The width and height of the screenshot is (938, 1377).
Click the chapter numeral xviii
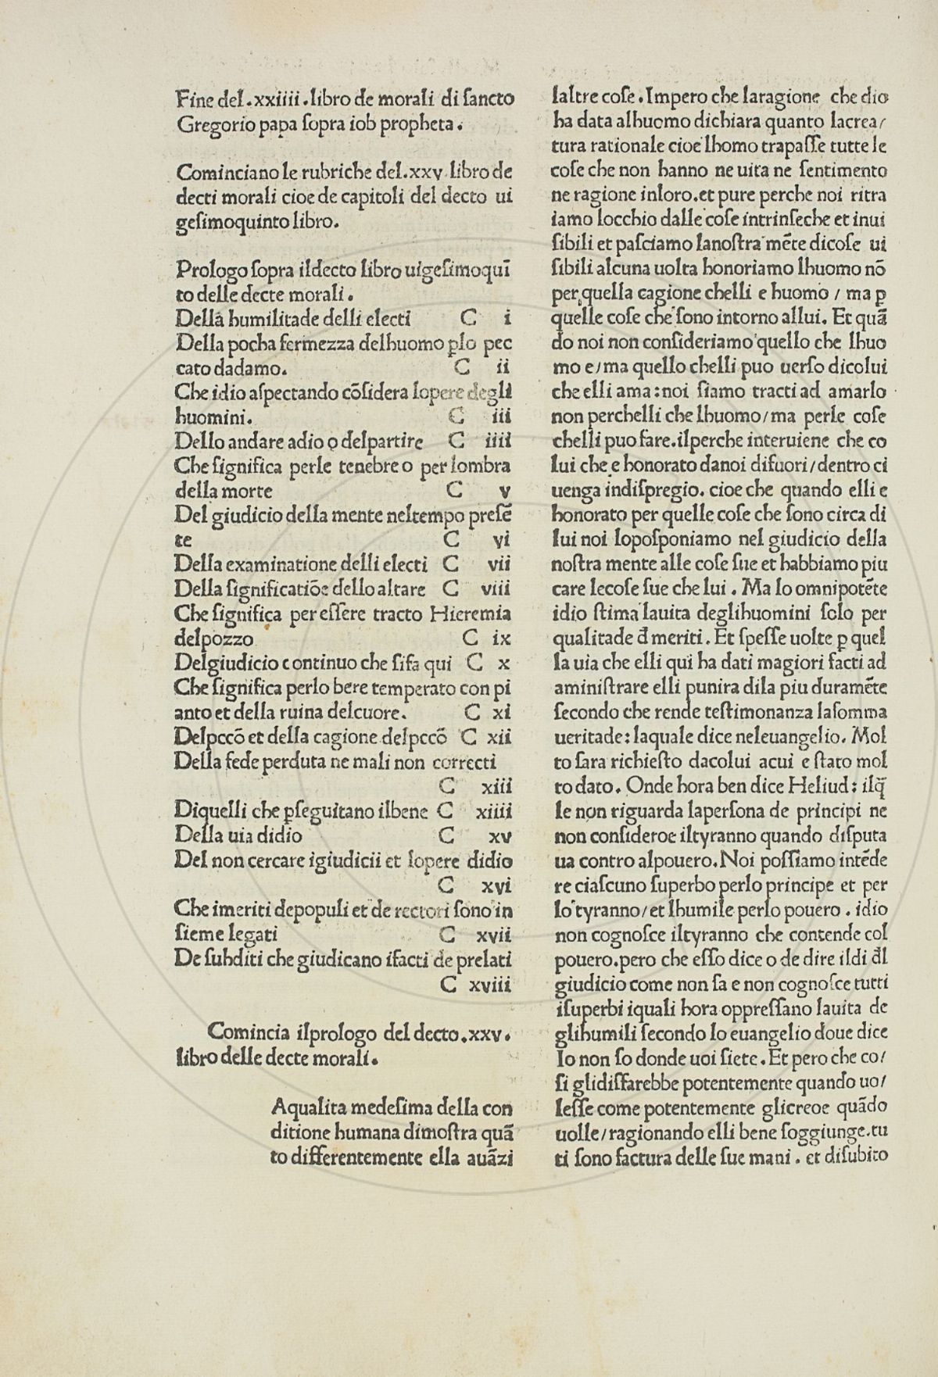pyautogui.click(x=490, y=985)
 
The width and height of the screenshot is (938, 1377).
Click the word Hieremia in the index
pyautogui.click(x=471, y=613)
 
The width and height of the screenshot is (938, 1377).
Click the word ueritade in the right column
pyautogui.click(x=587, y=736)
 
